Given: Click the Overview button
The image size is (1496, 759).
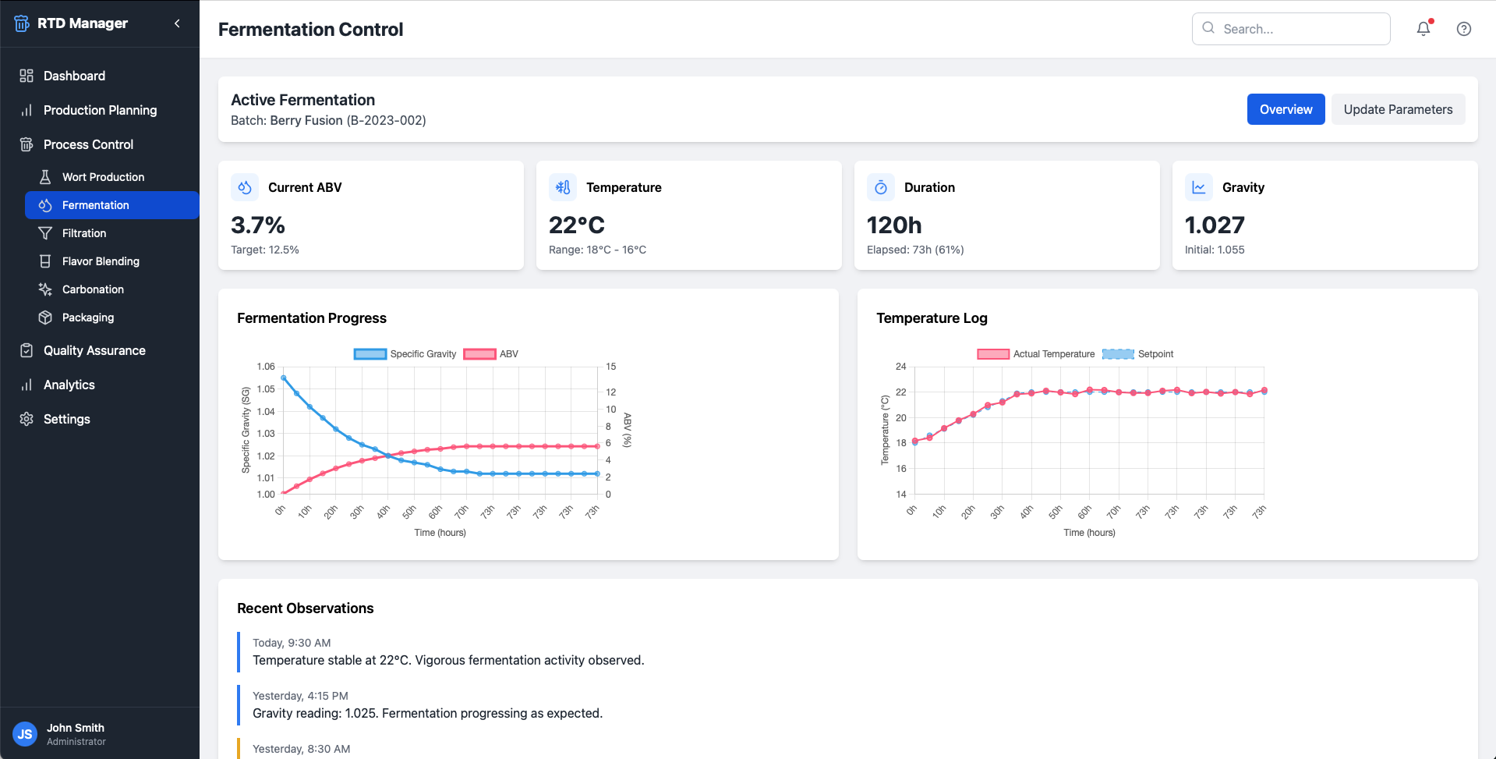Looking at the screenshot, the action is pos(1286,109).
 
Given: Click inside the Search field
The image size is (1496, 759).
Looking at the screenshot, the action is pos(1291,29).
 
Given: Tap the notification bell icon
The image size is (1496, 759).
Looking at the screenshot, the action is pos(1423,28).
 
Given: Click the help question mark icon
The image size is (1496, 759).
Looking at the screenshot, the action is pos(1464,29).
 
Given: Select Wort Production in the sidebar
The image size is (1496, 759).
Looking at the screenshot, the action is pos(103,177).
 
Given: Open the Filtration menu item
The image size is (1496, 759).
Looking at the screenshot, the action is pos(84,233).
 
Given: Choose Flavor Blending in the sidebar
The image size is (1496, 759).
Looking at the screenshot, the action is pos(101,261).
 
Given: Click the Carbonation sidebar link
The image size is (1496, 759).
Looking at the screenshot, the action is pos(93,289).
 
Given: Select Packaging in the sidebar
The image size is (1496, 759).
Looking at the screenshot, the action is pos(88,317).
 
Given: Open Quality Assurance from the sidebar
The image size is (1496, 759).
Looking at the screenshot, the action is pos(94,350).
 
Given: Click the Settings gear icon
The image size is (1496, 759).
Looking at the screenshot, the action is pos(27,419).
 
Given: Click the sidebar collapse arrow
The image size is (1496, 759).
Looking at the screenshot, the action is pos(177,23).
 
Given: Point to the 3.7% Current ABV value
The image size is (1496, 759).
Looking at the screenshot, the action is pos(258,225).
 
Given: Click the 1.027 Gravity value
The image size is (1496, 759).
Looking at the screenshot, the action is pos(1215,225).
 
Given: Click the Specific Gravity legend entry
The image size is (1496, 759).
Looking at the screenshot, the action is pos(405,354).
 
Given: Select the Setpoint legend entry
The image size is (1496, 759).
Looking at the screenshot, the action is pos(1138,354).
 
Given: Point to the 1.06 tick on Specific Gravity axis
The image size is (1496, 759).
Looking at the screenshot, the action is pos(266,367).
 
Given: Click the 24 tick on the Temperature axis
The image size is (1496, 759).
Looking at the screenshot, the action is pos(901,367).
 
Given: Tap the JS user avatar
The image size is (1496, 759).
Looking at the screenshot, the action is pos(25,734).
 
